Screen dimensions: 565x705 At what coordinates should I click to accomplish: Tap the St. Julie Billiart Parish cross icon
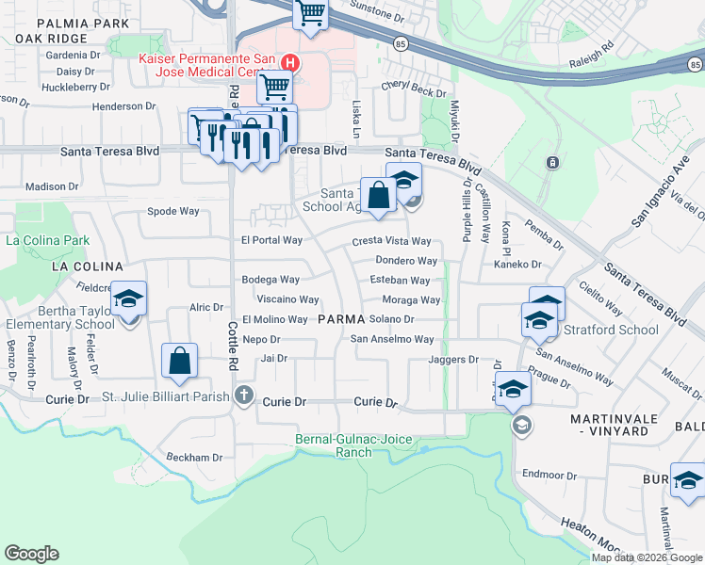click(x=244, y=395)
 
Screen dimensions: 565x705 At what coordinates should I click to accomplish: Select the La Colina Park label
click(x=47, y=240)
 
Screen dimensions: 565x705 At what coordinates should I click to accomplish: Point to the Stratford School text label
click(x=611, y=330)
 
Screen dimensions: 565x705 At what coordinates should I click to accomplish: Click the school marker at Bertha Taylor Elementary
click(x=129, y=300)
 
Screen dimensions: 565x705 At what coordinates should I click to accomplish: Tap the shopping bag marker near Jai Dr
click(x=178, y=361)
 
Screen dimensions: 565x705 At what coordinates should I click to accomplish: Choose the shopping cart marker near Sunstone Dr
click(x=310, y=14)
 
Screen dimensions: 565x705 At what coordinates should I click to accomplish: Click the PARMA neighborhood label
click(x=341, y=319)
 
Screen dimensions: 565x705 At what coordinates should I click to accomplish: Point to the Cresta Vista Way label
click(x=391, y=242)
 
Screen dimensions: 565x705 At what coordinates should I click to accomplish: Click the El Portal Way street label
click(x=271, y=240)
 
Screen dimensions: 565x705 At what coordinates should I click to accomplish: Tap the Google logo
click(x=32, y=554)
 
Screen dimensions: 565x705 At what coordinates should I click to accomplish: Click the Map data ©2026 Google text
click(x=647, y=557)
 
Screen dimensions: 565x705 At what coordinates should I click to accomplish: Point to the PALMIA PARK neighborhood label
click(x=72, y=22)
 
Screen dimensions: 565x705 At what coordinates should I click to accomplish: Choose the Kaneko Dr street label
click(x=518, y=265)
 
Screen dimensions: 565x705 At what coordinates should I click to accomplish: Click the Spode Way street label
click(x=173, y=211)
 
